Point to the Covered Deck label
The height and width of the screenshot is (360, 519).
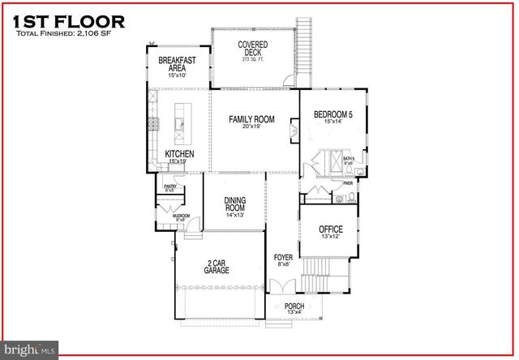[x=254, y=49]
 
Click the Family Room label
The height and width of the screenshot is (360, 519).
[x=251, y=123]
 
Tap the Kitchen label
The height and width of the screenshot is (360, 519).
[x=179, y=156]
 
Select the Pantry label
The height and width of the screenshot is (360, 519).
[x=170, y=189]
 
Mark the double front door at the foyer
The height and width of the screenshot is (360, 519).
[x=282, y=287]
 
